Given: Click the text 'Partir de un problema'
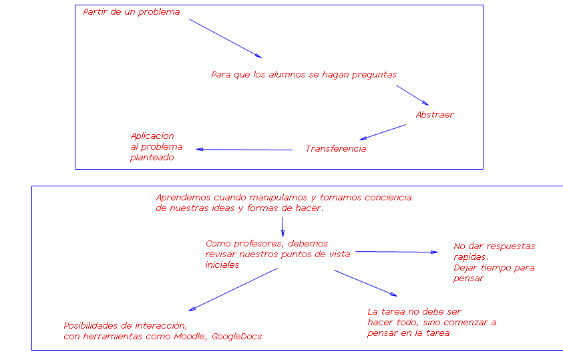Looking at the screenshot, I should [132, 12].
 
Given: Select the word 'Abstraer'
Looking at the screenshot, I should [435, 115].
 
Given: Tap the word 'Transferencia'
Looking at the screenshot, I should [336, 149].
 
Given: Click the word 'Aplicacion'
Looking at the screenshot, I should [152, 136].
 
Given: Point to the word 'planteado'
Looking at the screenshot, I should [152, 158].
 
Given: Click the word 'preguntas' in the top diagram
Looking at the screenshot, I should [374, 75].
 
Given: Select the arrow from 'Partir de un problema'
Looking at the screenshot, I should [225, 38].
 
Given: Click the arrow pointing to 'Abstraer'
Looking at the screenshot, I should [412, 95].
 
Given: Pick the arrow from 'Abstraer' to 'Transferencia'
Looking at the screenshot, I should [382, 132].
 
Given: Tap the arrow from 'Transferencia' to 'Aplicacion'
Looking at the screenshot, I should [244, 150].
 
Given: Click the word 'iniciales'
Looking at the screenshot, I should [222, 265].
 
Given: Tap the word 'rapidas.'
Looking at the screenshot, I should [471, 257].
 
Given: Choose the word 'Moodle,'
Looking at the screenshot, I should [191, 337].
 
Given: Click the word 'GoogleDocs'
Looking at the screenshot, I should [236, 337].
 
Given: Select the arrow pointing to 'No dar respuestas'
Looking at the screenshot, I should [395, 252].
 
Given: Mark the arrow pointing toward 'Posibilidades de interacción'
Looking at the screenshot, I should [233, 289].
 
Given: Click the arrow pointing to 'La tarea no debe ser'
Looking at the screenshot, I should [365, 283].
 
